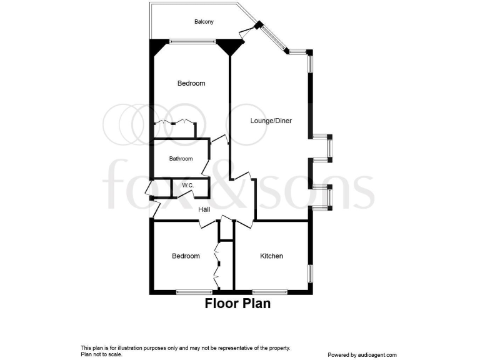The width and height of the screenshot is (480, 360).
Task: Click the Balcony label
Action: pyautogui.click(x=203, y=22)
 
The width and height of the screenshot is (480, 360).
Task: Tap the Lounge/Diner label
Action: pyautogui.click(x=271, y=121)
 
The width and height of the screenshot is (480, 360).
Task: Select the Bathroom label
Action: pyautogui.click(x=181, y=159)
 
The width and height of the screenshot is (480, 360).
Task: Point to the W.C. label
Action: pyautogui.click(x=187, y=186)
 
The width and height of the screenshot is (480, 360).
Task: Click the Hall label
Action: pyautogui.click(x=204, y=209)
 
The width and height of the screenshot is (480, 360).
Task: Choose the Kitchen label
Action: pyautogui.click(x=272, y=256)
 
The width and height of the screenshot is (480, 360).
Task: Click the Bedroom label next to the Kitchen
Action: pyautogui.click(x=186, y=256)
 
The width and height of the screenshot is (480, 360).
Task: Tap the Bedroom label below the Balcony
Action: pyautogui.click(x=191, y=83)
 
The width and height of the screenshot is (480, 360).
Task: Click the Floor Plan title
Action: pyautogui.click(x=238, y=305)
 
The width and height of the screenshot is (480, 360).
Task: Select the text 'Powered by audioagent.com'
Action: pyautogui.click(x=362, y=354)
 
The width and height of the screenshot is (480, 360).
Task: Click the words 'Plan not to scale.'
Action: pyautogui.click(x=102, y=354)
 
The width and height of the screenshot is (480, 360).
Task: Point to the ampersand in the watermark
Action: pyautogui.click(x=252, y=185)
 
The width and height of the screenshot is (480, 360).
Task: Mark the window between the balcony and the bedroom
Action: pyautogui.click(x=192, y=42)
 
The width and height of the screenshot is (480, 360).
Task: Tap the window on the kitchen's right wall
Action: pyautogui.click(x=309, y=274)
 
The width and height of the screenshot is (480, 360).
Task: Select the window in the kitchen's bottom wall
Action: pyautogui.click(x=269, y=292)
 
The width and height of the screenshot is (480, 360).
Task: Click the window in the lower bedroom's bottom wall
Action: pyautogui.click(x=193, y=292)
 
